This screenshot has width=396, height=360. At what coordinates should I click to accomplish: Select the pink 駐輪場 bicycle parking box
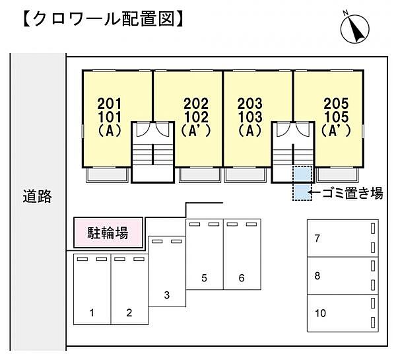[108, 233]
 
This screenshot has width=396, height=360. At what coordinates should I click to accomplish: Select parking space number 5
[205, 255]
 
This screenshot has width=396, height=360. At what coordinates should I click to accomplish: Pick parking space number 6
[242, 255]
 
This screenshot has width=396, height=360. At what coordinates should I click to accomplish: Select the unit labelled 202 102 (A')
[195, 118]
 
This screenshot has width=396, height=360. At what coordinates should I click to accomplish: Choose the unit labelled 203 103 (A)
[250, 118]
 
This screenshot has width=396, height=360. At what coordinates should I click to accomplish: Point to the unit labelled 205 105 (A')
[336, 118]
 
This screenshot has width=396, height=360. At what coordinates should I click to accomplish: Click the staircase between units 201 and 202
[152, 152]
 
